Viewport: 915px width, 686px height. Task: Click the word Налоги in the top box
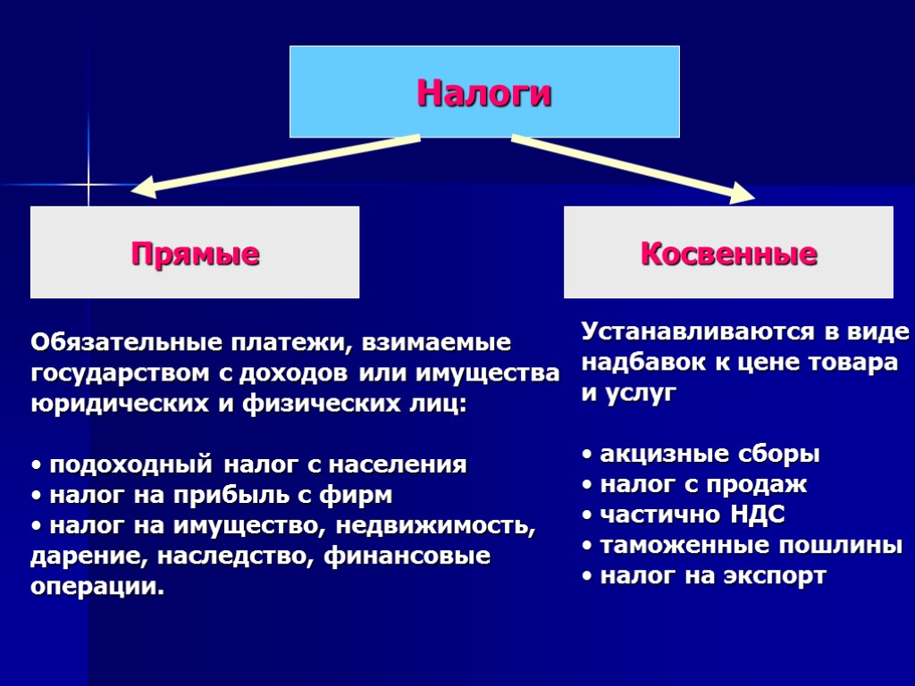tap(484, 93)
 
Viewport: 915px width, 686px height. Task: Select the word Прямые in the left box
tap(195, 254)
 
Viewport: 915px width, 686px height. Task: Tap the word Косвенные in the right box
tap(728, 254)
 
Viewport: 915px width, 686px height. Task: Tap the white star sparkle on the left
tap(88, 185)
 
